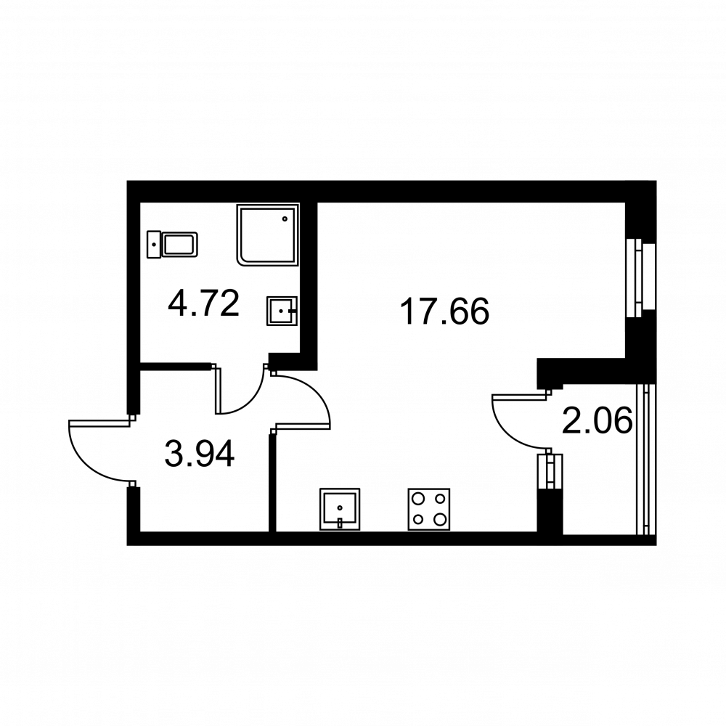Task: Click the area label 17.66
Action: [444, 311]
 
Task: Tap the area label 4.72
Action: [204, 303]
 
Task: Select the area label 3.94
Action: [200, 454]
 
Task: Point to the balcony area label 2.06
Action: [597, 420]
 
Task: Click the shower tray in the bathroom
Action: [269, 234]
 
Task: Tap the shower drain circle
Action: [285, 219]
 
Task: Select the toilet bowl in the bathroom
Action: [180, 245]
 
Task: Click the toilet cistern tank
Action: [154, 245]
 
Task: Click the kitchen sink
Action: [340, 509]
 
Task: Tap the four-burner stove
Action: [429, 509]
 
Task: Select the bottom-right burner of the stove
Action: [439, 519]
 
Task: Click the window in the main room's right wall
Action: [641, 278]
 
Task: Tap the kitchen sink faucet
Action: [340, 523]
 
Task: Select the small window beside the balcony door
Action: [550, 471]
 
